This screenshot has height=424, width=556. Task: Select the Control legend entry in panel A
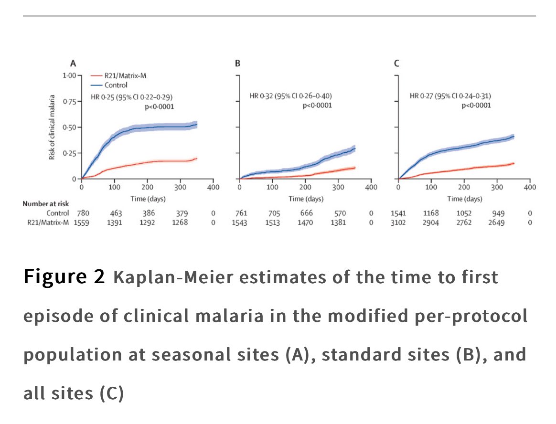click(x=116, y=85)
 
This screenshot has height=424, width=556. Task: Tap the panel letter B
click(x=237, y=63)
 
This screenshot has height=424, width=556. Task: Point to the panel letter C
click(x=396, y=63)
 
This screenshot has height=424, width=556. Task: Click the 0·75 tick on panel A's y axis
click(x=69, y=101)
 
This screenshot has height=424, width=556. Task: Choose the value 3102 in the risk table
click(x=398, y=223)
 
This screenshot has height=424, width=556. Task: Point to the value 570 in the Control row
click(x=338, y=213)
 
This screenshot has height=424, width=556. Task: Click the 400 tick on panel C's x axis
click(x=530, y=187)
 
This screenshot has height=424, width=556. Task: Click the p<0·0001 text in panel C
click(x=476, y=106)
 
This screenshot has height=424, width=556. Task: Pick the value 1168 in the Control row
click(x=431, y=213)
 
